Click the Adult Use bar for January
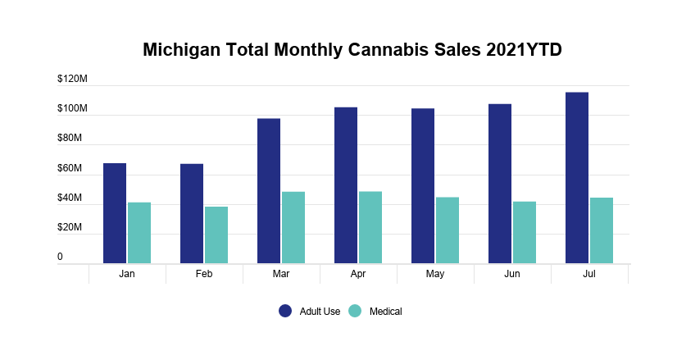coord(115,213)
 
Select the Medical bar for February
coord(216,235)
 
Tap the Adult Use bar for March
coord(269,191)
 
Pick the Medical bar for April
coord(370,227)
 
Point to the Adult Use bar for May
coord(423,186)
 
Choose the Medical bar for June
coord(525,232)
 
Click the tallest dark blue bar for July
coord(577,178)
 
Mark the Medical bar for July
coord(602,230)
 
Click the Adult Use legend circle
coord(285,311)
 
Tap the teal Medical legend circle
coord(355,311)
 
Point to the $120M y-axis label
coord(72,80)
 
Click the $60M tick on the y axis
coord(70,169)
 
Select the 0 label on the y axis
coord(60,257)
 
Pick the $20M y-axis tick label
coord(70,228)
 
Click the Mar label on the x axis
coord(281,274)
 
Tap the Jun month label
coord(512,274)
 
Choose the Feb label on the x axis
coord(204,274)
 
